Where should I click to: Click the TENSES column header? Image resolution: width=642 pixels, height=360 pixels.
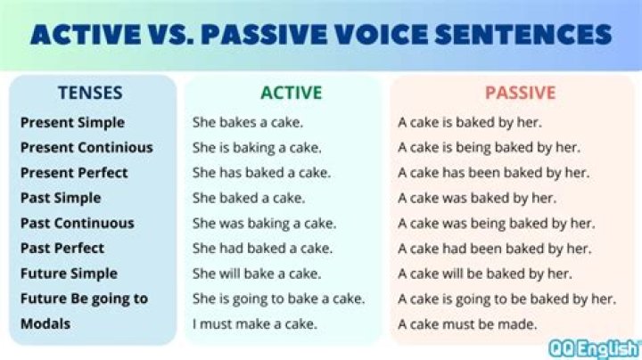coord(90,92)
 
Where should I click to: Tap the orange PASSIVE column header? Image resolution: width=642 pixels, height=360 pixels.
coord(520,92)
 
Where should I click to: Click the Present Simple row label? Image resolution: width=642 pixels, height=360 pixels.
coord(72,122)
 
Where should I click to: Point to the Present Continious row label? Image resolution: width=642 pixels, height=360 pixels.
coord(86,147)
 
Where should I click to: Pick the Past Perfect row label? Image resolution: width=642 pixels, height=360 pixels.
coord(62,248)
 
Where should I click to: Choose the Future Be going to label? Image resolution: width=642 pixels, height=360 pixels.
coord(84,299)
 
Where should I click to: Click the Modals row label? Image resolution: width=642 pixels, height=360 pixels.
coord(45,323)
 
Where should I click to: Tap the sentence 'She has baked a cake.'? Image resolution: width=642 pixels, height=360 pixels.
coord(261,172)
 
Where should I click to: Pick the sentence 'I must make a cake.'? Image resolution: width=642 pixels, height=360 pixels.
coord(254,323)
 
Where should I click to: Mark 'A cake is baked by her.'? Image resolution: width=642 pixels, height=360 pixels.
coord(470,122)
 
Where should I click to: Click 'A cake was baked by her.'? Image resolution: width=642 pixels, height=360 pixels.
coord(475,198)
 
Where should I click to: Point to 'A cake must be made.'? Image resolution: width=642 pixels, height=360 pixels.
coord(467,323)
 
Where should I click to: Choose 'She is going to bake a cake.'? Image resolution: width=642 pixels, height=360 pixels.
coord(278,299)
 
